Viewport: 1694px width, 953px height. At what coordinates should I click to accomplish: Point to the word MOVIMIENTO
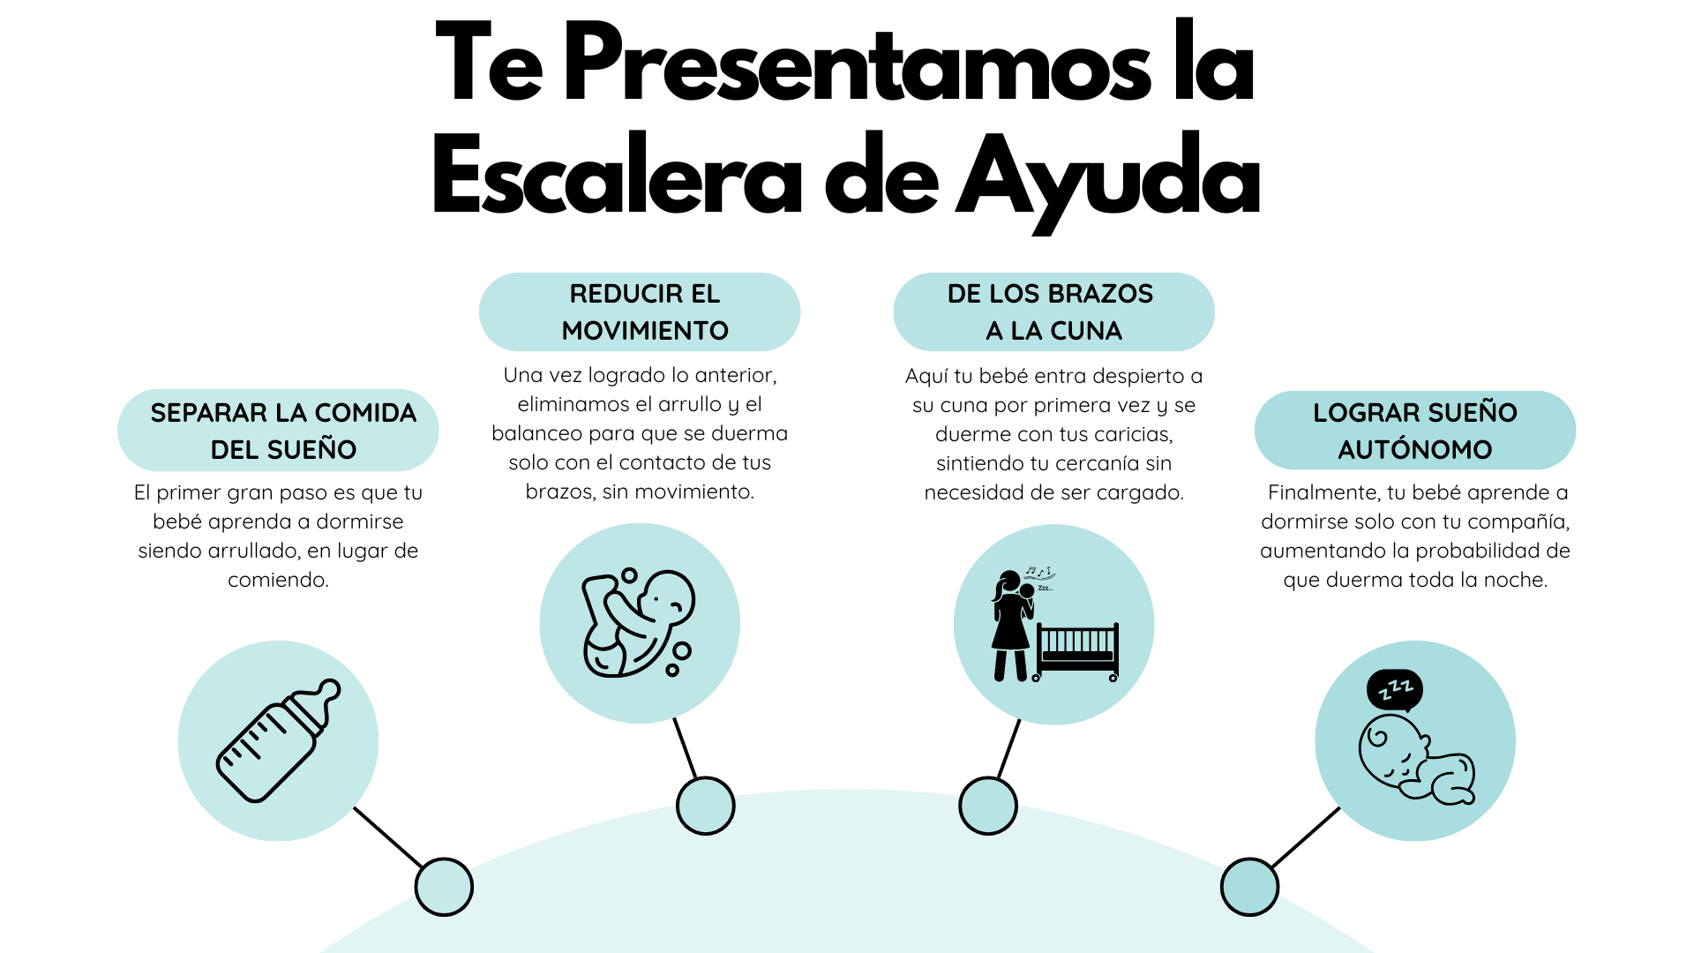(645, 331)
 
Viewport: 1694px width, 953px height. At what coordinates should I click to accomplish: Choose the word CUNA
(1090, 331)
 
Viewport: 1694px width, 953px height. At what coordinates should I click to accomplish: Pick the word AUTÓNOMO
(1414, 449)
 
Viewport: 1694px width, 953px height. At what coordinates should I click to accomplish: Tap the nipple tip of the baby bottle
(329, 687)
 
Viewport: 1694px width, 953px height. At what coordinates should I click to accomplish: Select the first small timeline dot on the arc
(444, 887)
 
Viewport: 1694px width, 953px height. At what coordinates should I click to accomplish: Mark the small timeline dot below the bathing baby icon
(705, 806)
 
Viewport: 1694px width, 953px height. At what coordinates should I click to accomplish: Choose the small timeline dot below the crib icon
(987, 806)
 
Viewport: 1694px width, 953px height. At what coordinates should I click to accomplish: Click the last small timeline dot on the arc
(1249, 887)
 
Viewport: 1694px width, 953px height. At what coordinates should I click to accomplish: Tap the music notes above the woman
(1046, 572)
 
